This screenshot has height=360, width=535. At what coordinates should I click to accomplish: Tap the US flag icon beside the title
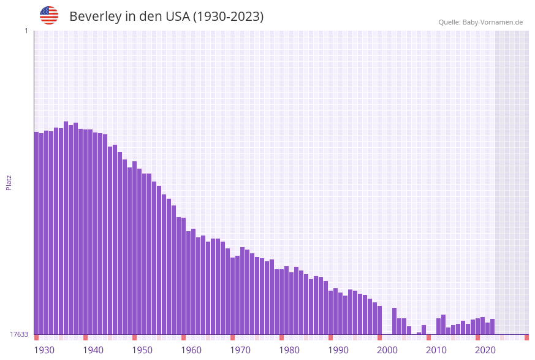pos(49,15)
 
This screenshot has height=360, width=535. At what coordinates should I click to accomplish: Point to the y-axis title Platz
pos(9,182)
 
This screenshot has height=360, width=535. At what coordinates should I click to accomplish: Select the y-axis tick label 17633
pos(18,334)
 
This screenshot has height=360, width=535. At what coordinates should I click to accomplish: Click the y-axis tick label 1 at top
pos(26,31)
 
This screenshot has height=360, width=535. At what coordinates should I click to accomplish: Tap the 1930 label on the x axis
pos(44,350)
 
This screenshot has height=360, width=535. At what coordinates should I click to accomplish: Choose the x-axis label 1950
pos(142,350)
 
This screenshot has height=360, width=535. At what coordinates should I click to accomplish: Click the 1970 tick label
pos(240,350)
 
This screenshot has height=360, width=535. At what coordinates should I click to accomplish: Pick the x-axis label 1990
pos(338,350)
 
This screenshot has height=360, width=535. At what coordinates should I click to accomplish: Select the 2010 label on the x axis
pos(436,350)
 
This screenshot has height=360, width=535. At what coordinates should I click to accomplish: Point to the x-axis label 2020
pos(485,350)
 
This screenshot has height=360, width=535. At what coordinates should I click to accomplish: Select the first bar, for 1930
pos(37,233)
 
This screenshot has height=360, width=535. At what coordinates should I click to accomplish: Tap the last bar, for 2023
pos(493,326)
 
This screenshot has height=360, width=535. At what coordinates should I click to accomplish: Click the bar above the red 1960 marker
pos(184,276)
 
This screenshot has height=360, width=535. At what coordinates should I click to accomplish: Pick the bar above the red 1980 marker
pos(282,301)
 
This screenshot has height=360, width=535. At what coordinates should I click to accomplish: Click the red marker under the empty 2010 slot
pos(429,337)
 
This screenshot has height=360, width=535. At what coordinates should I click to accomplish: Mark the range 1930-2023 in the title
pos(228,17)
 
